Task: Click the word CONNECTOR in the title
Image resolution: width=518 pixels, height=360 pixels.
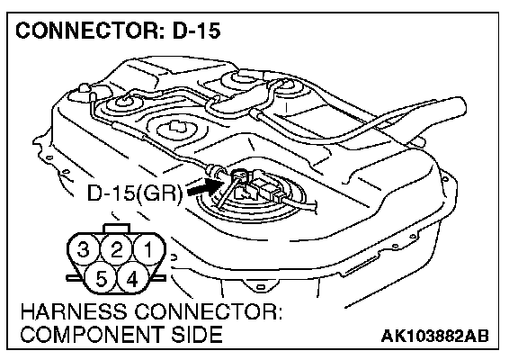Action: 87,31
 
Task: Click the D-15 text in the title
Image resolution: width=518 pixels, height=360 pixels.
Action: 197,31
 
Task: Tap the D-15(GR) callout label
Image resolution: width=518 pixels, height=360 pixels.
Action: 135,193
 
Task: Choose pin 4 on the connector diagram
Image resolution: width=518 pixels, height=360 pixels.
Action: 132,279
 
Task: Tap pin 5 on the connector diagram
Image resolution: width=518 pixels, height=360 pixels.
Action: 101,279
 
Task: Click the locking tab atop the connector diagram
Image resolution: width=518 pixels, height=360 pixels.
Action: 117,228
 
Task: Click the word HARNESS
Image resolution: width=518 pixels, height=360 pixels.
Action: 74,311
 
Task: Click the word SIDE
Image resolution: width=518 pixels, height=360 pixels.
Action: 197,334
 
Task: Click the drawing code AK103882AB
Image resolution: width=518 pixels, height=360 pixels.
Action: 434,336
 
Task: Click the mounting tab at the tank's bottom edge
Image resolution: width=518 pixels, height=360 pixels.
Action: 260,285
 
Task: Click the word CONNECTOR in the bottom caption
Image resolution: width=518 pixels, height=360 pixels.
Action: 209,311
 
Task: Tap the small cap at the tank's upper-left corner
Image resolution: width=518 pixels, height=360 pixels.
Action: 84,89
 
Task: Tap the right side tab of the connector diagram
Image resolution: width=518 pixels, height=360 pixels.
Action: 159,278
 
